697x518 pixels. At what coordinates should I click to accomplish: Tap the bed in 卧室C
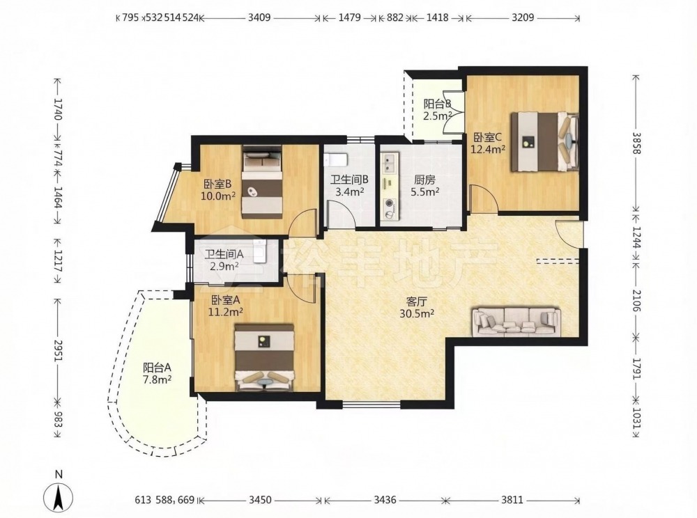[x=545, y=141]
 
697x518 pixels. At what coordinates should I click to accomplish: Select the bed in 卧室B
[x=263, y=181]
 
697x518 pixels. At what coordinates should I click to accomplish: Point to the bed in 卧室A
[x=265, y=358]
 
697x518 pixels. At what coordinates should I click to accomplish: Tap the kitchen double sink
[x=390, y=164]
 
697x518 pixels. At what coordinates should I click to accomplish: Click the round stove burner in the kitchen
[x=390, y=204]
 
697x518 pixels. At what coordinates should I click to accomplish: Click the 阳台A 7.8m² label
[x=158, y=374]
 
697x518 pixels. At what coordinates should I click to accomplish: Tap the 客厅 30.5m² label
[x=417, y=308]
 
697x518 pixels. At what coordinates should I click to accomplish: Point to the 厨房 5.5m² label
[x=424, y=185]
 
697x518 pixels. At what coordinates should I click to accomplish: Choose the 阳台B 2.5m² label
[x=438, y=110]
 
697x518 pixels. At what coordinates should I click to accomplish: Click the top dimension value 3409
[x=259, y=18]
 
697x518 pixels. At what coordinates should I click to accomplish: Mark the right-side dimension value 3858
[x=636, y=143]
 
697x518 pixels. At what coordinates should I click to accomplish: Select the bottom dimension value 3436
[x=385, y=500]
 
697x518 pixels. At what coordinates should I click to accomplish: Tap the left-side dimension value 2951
[x=58, y=352]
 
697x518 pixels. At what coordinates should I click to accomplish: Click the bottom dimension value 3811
[x=512, y=500]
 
